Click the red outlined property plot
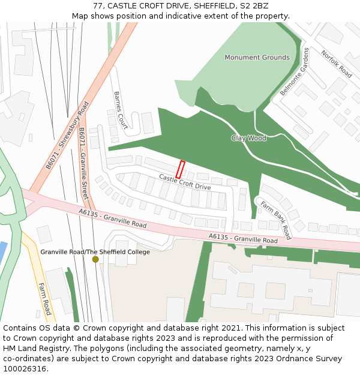(x=180, y=169)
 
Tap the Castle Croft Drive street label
(x=185, y=181)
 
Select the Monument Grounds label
(x=257, y=58)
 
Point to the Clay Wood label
(x=248, y=138)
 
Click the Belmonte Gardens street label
(x=294, y=71)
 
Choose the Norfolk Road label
(x=337, y=64)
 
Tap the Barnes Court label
(x=120, y=110)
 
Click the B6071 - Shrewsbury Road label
(x=67, y=134)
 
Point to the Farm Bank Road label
(x=275, y=220)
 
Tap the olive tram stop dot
(x=95, y=259)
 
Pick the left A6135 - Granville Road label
(x=112, y=218)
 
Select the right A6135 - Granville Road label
(x=243, y=239)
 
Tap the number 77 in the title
(x=98, y=6)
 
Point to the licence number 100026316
(x=25, y=369)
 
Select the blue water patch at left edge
(x=3, y=253)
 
